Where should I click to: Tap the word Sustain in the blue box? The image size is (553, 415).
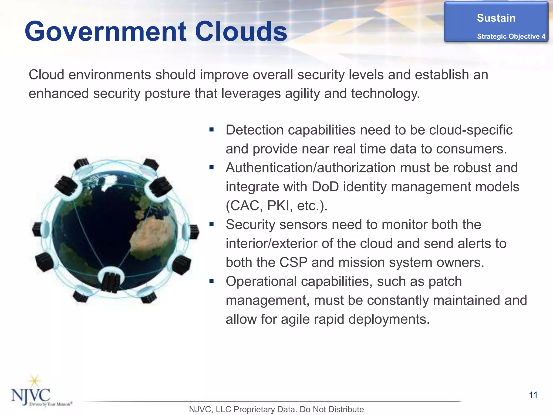click(496, 18)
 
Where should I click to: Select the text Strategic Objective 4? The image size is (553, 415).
click(511, 36)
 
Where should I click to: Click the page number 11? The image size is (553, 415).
click(533, 395)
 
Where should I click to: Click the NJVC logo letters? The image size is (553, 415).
click(31, 396)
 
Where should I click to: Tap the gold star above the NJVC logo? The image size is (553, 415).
click(35, 381)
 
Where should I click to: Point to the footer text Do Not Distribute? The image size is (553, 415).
click(332, 409)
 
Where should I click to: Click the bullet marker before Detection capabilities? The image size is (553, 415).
click(211, 130)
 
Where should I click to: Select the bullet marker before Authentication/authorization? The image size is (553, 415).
click(211, 168)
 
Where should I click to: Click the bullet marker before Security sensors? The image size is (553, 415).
click(211, 224)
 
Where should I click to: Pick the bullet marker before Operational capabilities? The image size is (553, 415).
click(211, 281)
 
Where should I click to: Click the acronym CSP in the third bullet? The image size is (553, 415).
click(293, 262)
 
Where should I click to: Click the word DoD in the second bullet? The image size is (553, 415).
click(325, 187)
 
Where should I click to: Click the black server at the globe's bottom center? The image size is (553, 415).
click(111, 282)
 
